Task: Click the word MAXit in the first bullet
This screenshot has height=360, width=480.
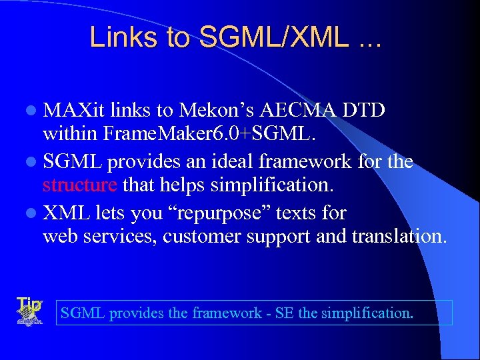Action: (75, 110)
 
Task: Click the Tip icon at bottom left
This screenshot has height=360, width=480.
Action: (28, 311)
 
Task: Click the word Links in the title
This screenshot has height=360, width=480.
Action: (119, 37)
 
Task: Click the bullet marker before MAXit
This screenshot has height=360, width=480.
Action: (33, 111)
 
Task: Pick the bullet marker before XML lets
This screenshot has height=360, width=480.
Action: (33, 214)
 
